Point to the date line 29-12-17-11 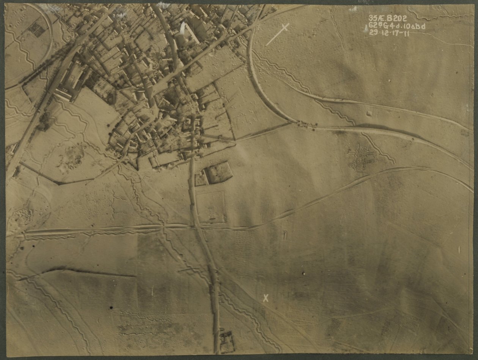coord(391,33)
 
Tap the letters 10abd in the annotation coord(413,26)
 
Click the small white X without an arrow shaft coord(266,298)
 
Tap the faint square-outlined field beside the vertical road coord(211,207)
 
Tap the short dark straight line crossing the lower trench coord(189,270)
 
